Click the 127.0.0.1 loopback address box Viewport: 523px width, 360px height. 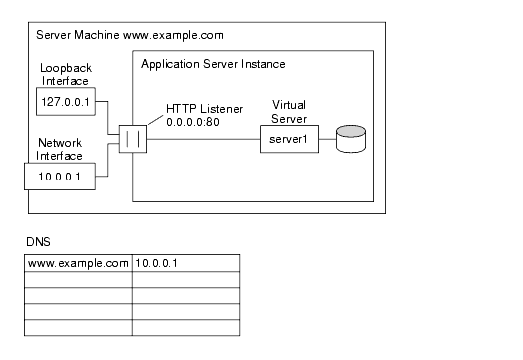click(x=66, y=102)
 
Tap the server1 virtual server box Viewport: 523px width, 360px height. click(x=288, y=140)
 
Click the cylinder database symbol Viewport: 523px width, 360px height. click(x=350, y=139)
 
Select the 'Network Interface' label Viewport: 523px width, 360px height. click(x=61, y=150)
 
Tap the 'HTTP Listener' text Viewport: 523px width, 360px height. click(x=199, y=108)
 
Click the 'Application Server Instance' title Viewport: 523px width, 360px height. click(x=214, y=64)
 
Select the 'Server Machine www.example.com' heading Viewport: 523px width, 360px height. click(x=130, y=35)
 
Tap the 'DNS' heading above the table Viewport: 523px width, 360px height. click(x=37, y=241)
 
